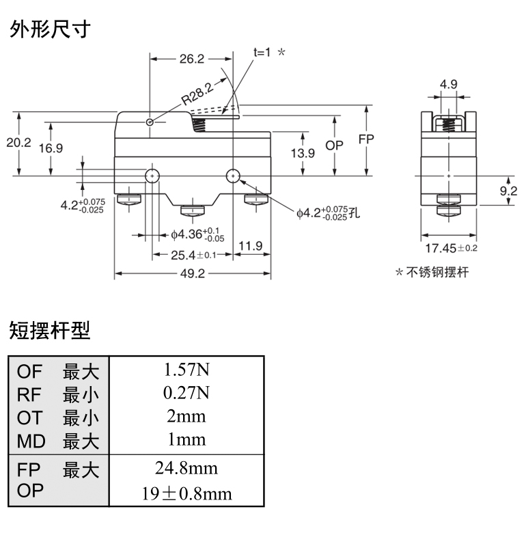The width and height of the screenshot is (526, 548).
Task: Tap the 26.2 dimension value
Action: [x=192, y=59]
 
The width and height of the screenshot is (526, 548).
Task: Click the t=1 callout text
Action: [x=263, y=52]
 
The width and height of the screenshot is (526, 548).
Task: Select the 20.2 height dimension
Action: [x=18, y=143]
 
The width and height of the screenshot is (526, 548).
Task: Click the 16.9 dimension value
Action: [x=51, y=148]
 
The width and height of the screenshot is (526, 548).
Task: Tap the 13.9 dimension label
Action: [x=302, y=153]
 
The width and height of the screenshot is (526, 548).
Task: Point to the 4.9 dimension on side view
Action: [x=448, y=85]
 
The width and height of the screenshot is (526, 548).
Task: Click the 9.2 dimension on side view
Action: [x=508, y=192]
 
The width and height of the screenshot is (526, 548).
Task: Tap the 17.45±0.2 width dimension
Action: [x=452, y=247]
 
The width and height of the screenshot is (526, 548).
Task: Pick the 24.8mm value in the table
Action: [x=186, y=469]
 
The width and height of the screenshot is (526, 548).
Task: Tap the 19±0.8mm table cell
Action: [x=186, y=493]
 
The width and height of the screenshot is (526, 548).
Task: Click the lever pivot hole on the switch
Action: [x=150, y=122]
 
